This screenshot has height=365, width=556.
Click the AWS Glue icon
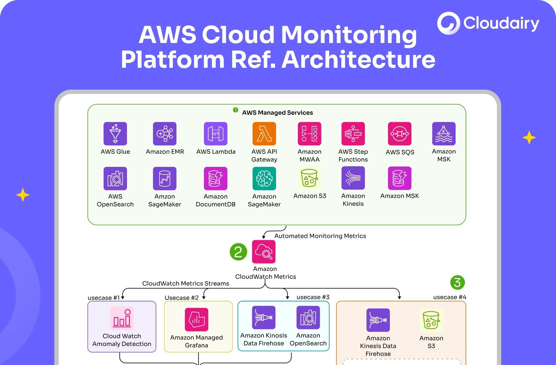[x=115, y=134]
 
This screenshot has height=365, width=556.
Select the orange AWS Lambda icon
[x=264, y=134]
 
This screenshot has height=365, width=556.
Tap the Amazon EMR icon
[x=165, y=134]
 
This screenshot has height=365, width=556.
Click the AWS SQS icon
[x=399, y=134]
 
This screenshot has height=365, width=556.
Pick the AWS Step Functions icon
[x=353, y=134]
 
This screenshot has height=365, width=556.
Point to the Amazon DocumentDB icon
[x=215, y=179]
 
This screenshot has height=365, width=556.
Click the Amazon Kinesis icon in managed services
[x=353, y=178]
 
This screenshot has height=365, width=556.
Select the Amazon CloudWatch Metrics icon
[x=264, y=252]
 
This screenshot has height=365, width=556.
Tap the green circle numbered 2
[x=238, y=252]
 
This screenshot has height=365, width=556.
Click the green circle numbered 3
[x=457, y=283]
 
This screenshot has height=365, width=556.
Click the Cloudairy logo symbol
[x=448, y=23]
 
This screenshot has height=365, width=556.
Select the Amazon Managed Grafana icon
[x=196, y=319]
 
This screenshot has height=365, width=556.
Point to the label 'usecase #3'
[x=313, y=297]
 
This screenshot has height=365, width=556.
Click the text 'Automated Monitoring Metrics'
[x=320, y=236]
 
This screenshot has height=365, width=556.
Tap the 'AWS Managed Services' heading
[x=277, y=113]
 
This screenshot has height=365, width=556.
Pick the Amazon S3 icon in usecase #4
[x=431, y=320]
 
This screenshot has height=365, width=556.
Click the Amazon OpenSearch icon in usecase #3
[x=308, y=317]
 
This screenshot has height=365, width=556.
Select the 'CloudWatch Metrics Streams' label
[x=186, y=284]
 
